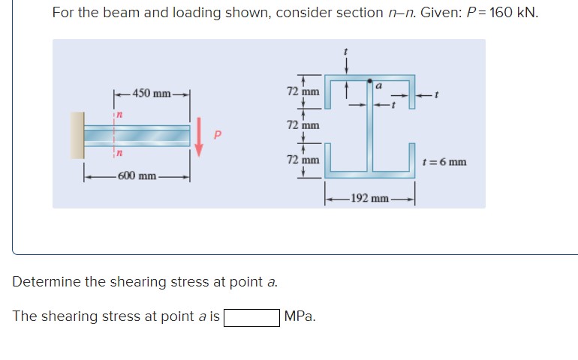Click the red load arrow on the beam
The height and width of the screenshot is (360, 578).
click(x=200, y=136)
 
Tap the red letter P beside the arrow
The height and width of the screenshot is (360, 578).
click(x=218, y=136)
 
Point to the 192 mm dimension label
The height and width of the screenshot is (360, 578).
click(x=369, y=199)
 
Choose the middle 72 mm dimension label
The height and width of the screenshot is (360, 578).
click(x=303, y=125)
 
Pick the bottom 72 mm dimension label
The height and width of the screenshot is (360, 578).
click(x=303, y=160)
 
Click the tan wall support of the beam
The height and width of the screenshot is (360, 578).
click(x=77, y=135)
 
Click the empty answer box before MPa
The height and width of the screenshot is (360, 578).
click(x=251, y=316)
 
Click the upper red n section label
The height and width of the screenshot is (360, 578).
click(x=118, y=113)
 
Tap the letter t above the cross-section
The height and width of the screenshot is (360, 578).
click(x=346, y=51)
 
